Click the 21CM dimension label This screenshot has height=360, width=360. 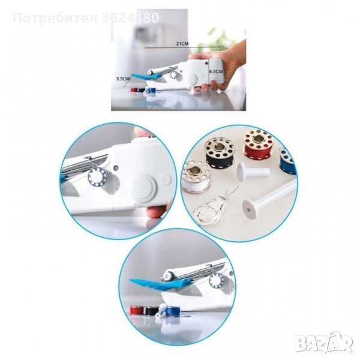coord(182,44)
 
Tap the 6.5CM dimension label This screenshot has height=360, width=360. coord(216,71)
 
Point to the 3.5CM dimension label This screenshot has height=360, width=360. coord(123,79)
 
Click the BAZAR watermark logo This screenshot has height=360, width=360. coord(324,343)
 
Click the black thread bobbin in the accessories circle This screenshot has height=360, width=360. coord(220,152)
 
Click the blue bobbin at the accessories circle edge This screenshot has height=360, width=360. coord(287,161)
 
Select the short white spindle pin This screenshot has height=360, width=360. coord(253,172)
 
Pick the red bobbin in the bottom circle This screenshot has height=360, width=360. coord(137,311)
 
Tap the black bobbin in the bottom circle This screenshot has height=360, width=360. coord(151,311)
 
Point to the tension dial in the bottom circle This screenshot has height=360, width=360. coord(217,280)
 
